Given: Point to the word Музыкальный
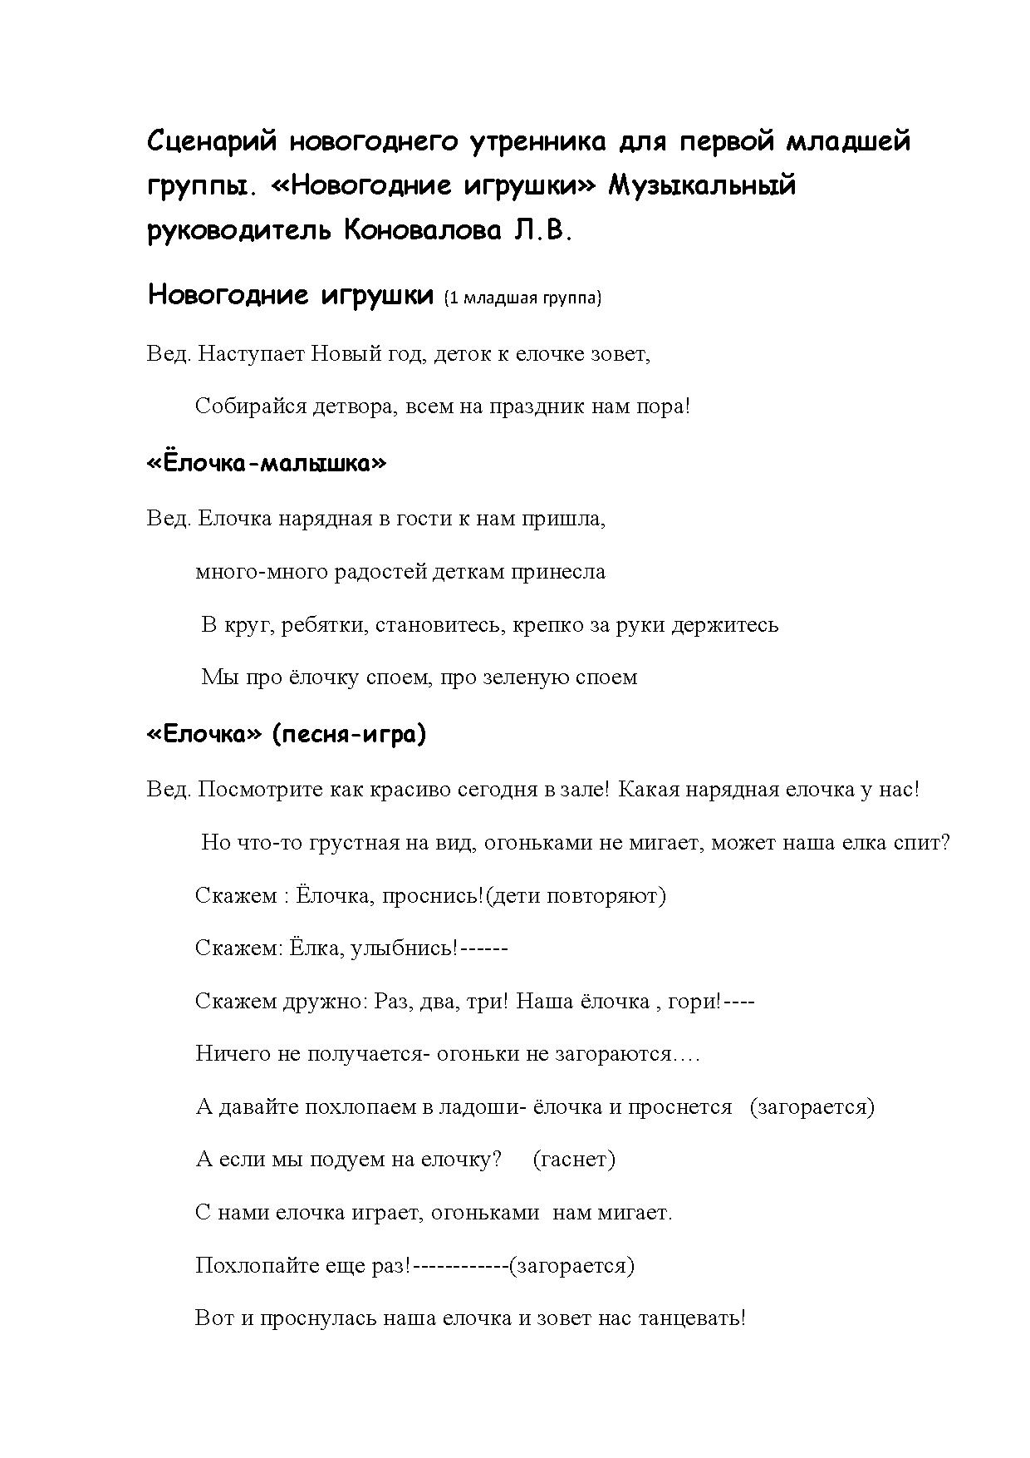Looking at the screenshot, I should click(x=703, y=185).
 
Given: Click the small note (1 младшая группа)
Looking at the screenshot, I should click(x=522, y=298).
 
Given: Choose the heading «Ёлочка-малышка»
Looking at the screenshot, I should click(x=267, y=463).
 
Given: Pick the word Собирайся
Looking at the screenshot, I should click(x=243, y=406).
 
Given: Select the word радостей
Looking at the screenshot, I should click(x=380, y=572).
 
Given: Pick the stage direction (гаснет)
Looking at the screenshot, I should click(x=573, y=1160).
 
